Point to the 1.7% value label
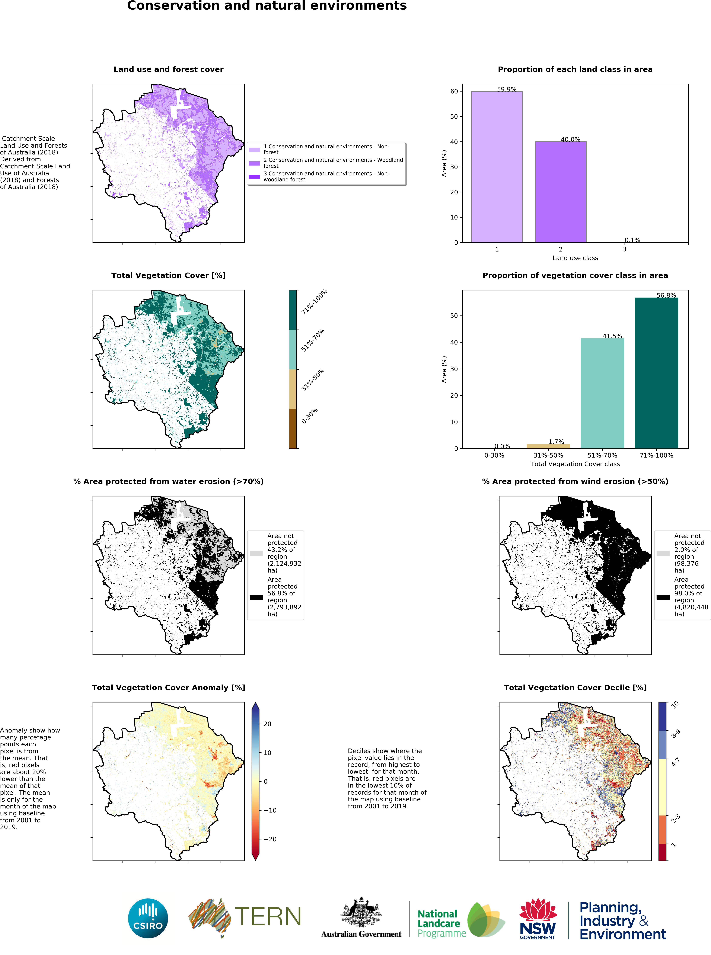pos(556,442)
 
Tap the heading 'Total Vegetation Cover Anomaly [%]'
pos(168,687)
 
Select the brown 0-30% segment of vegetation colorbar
pos(293,429)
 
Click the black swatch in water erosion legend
pos(256,597)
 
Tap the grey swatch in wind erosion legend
pos(663,554)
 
